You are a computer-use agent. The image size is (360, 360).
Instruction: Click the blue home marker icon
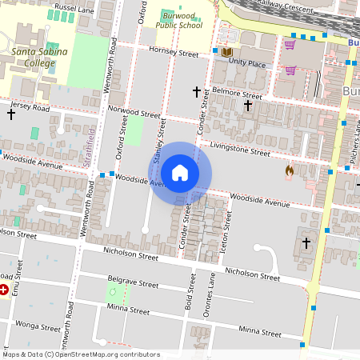click(180, 173)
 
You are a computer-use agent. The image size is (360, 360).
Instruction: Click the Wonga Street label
click(39, 326)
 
